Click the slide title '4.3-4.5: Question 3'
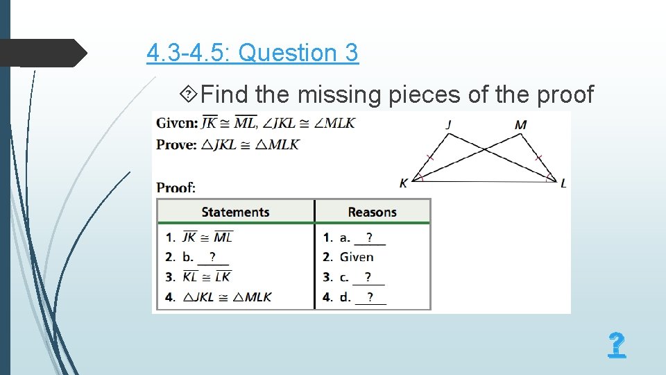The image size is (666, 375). [x=253, y=53]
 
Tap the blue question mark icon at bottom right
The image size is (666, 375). [x=616, y=345]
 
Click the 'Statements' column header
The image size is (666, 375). [x=235, y=212]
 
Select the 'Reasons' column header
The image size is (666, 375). [x=372, y=212]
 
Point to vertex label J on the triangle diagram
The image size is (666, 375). [x=449, y=125]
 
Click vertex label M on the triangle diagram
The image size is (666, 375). [x=521, y=125]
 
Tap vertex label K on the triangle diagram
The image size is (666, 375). [x=404, y=183]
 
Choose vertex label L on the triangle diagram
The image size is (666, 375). [x=563, y=183]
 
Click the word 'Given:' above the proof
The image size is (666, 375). [x=177, y=124]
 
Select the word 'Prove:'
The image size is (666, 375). [x=177, y=144]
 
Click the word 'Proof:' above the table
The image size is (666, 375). [x=176, y=187]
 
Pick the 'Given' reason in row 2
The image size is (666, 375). [x=357, y=257]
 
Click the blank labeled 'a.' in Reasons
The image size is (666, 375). [x=369, y=238]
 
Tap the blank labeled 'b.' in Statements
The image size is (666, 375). [x=212, y=258]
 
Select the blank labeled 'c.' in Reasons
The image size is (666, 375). [x=368, y=277]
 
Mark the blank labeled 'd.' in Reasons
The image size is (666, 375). [x=370, y=297]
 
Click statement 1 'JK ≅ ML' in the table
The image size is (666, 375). [x=207, y=237]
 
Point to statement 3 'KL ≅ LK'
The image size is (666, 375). [x=207, y=276]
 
